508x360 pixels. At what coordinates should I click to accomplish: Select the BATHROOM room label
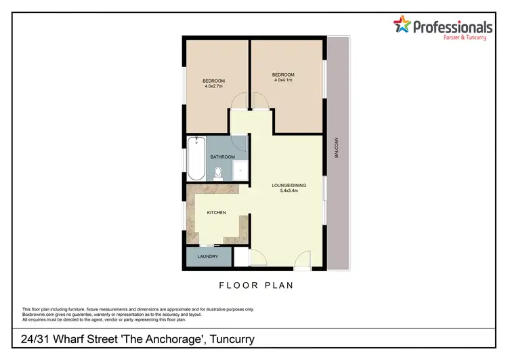[222, 157]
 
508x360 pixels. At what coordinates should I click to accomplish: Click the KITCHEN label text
[217, 213]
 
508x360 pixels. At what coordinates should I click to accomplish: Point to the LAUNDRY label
[207, 257]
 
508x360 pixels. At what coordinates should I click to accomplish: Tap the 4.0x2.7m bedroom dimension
[214, 86]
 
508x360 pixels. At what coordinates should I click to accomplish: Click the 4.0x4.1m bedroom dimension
[283, 80]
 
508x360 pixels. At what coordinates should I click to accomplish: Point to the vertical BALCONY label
[337, 148]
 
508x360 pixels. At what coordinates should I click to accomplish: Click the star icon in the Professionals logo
[402, 26]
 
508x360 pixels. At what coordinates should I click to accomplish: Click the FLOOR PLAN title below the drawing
[256, 285]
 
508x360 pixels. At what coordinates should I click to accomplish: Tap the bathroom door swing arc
[238, 144]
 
